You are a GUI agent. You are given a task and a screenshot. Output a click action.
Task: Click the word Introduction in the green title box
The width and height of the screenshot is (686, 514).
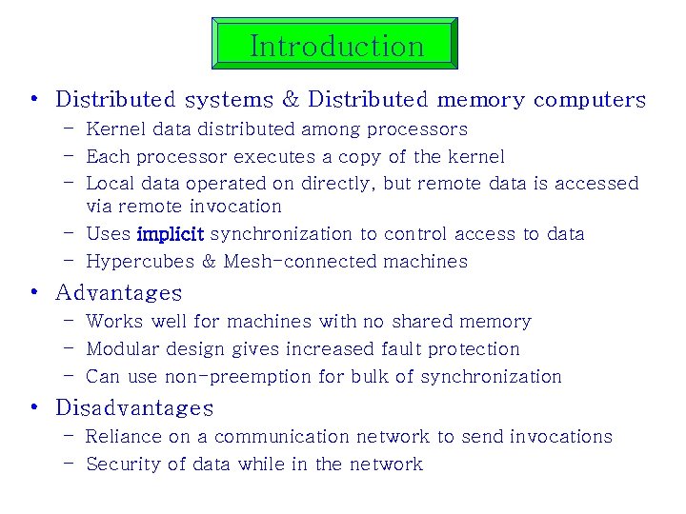(336, 46)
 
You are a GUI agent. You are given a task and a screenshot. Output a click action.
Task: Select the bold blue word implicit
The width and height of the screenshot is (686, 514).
(171, 234)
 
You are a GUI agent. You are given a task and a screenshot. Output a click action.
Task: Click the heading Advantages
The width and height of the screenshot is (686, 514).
(118, 292)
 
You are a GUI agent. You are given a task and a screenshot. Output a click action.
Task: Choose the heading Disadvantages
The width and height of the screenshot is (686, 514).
(134, 407)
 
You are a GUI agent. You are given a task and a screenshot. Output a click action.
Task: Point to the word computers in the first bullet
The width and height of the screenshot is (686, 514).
(590, 100)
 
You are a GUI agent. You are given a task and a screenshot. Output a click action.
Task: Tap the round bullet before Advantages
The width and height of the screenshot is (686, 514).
(34, 292)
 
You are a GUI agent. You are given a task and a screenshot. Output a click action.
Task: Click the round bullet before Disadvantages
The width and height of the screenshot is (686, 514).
(34, 407)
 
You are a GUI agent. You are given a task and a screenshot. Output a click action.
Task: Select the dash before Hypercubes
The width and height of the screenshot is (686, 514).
(70, 261)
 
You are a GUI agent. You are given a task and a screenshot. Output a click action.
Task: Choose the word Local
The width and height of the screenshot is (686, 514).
(110, 184)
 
